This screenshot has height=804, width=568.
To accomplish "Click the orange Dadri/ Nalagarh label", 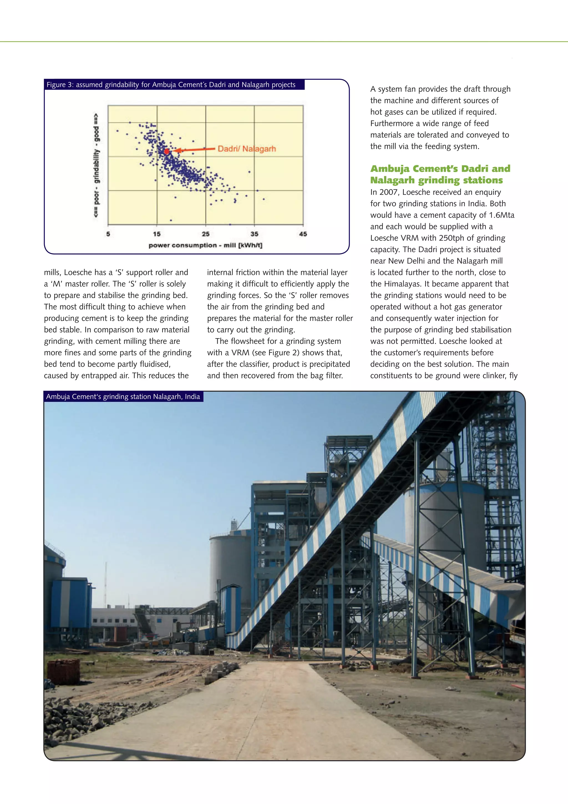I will (x=247, y=149).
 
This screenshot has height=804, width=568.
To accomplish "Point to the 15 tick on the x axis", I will (x=157, y=234).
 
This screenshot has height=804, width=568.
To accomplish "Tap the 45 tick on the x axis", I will (x=303, y=234).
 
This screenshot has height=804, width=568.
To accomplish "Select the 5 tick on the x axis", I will (x=108, y=234).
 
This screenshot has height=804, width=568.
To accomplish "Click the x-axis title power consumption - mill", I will (x=205, y=245).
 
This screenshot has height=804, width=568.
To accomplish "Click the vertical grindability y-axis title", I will (x=96, y=165).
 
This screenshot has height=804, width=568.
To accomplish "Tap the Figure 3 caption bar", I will (x=171, y=85).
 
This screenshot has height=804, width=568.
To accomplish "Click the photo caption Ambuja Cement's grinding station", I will (x=123, y=396).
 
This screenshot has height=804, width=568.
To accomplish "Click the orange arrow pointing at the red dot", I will (x=194, y=150).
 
